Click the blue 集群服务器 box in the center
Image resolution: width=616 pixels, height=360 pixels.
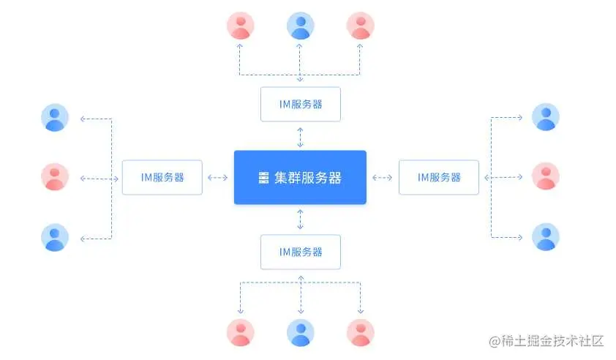coord(300,177)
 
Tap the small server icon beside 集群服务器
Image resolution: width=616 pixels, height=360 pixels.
coord(264,178)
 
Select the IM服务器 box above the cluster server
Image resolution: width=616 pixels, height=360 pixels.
coord(300,104)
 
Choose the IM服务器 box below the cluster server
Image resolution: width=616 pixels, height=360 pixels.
coord(300,251)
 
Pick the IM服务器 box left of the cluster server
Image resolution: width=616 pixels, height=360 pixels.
coord(162,177)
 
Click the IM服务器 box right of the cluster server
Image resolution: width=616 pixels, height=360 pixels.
coord(438,177)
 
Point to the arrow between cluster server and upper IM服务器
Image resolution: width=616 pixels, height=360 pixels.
coord(300,136)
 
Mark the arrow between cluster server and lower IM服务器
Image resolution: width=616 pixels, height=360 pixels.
coord(300,219)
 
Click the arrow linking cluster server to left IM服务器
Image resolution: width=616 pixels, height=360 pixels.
coord(218,177)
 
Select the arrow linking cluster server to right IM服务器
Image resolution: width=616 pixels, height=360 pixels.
coord(382,177)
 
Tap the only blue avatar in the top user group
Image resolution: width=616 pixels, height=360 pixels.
coord(300,26)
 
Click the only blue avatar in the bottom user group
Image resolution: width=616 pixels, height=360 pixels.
coord(300,332)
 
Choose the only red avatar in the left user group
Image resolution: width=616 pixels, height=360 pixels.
coord(55,177)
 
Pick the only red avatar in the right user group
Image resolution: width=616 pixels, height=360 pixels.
coord(545,177)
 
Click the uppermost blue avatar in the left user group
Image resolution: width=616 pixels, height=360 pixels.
coord(55,117)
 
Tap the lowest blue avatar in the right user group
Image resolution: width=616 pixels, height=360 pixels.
coord(545,237)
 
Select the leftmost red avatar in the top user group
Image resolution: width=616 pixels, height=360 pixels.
coord(240,26)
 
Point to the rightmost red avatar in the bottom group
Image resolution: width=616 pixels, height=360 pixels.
coord(360,332)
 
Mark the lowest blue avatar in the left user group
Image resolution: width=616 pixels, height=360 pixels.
coord(55,238)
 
